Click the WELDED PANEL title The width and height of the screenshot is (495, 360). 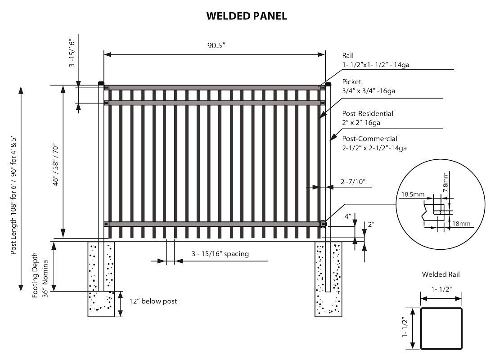point(247,16)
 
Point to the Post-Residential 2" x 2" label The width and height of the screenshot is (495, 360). point(368,118)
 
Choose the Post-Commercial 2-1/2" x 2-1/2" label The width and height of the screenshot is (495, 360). point(374,143)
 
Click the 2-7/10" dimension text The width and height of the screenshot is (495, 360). point(353,182)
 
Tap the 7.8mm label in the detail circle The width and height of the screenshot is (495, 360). point(445,181)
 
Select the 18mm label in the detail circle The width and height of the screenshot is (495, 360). point(462,223)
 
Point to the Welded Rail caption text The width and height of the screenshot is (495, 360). point(441,274)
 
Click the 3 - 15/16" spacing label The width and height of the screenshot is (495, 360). point(220,254)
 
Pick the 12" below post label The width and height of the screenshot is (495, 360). point(153,301)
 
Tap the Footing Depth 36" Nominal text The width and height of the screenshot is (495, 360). point(40,274)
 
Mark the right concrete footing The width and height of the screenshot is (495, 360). point(328,279)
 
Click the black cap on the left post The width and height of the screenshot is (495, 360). point(101,83)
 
